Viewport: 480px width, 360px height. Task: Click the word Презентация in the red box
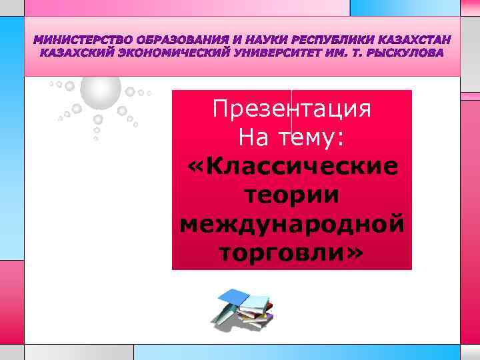(x=291, y=109)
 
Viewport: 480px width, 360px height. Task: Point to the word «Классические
(x=291, y=166)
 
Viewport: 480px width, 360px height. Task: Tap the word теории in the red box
(x=291, y=195)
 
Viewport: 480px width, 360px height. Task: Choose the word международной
(x=291, y=223)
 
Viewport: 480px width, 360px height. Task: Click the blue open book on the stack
(x=235, y=296)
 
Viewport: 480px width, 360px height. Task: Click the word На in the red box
(x=254, y=137)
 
